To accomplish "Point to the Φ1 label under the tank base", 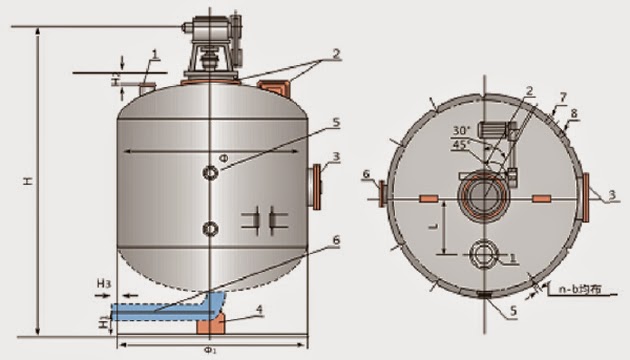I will [x=212, y=351].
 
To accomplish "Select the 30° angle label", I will [x=461, y=129].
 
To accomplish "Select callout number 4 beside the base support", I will [x=259, y=311].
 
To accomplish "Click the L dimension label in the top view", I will [x=431, y=228].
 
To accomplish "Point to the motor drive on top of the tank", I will [x=212, y=44].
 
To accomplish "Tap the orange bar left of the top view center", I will [x=427, y=200].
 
